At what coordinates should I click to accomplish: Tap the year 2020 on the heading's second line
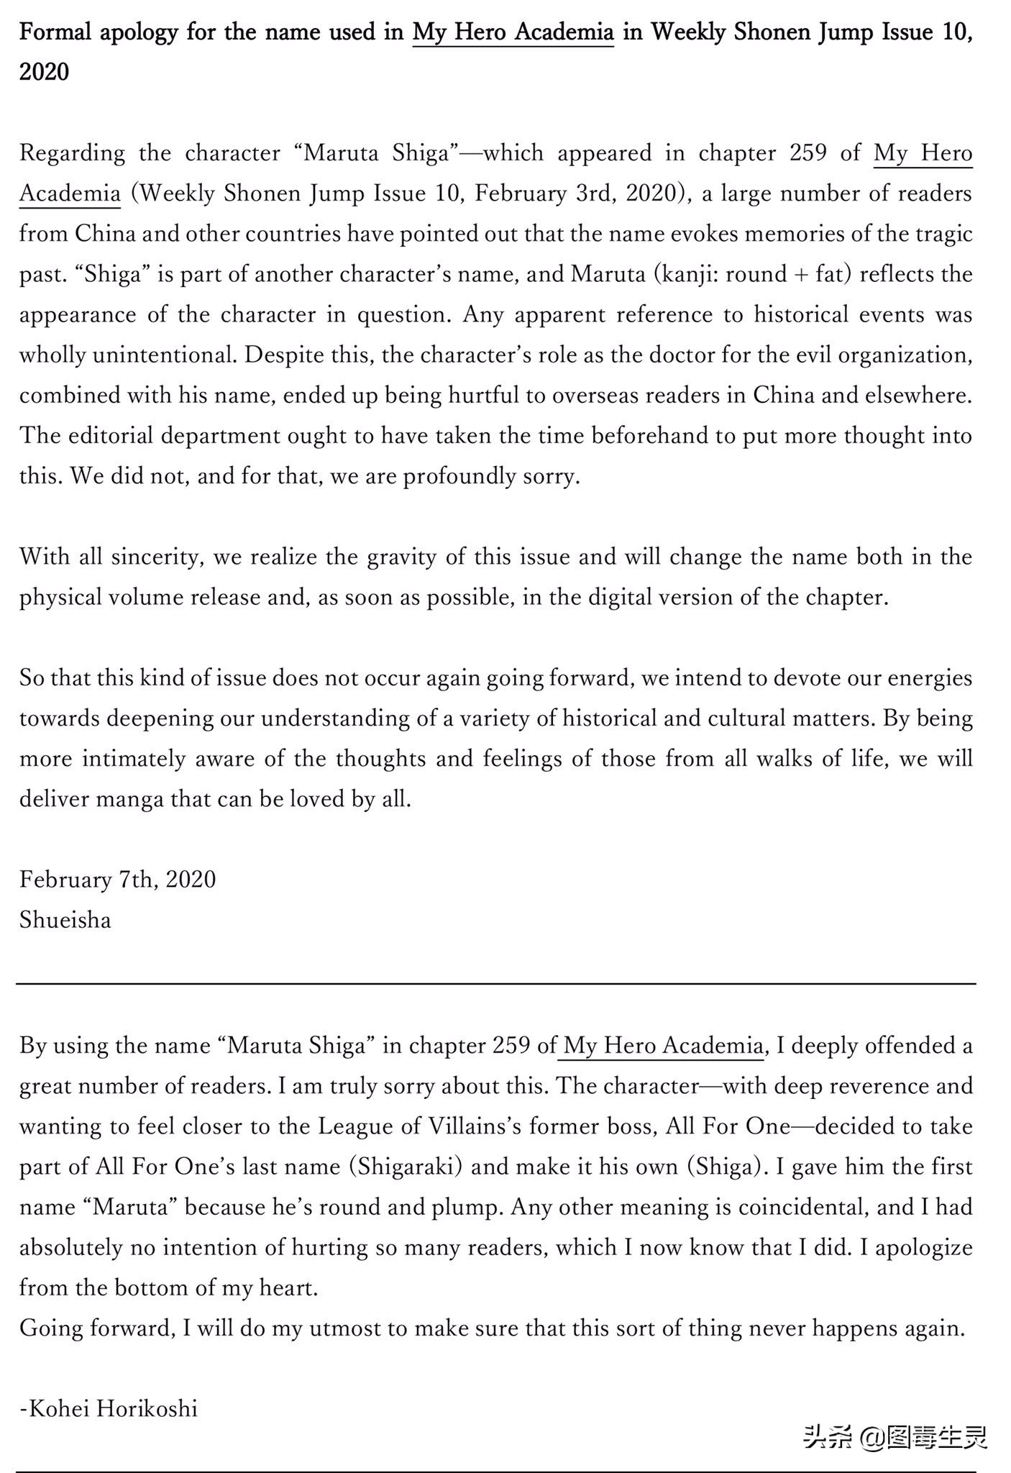coord(44,73)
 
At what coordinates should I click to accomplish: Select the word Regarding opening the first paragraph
coord(72,154)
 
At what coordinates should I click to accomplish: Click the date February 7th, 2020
coord(117,879)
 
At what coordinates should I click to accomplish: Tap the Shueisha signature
coord(65,920)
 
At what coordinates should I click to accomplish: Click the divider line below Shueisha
coord(496,982)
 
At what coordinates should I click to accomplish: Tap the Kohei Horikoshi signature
coord(108,1408)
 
